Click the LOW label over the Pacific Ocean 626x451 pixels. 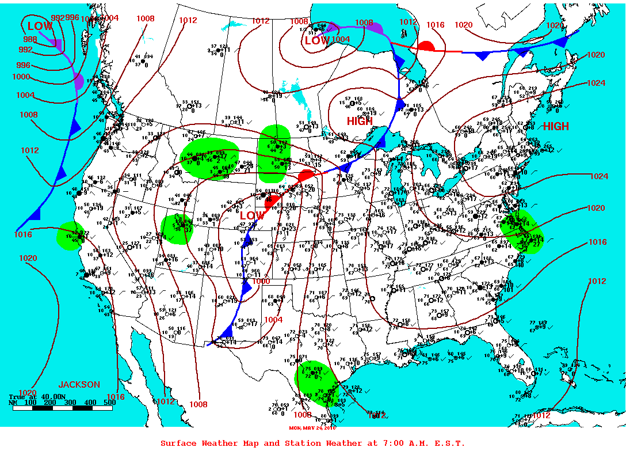[40, 26]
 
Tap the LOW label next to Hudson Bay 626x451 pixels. [317, 41]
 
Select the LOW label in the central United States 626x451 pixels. [252, 216]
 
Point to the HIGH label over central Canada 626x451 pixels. [360, 122]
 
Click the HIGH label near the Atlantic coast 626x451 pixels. [556, 127]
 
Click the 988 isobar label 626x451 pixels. [30, 40]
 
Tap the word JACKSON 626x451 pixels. [79, 384]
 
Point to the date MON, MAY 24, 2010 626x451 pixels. [313, 427]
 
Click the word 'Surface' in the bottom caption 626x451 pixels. [180, 443]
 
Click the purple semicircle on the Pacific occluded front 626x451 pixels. [79, 81]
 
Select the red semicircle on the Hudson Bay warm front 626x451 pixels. [426, 46]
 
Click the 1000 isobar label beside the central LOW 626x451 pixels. [261, 282]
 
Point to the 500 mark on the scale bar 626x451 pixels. [109, 403]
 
